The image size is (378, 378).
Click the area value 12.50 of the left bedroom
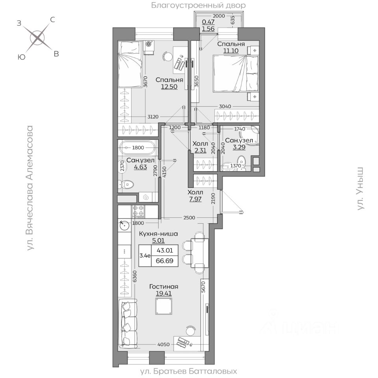coord(169,87)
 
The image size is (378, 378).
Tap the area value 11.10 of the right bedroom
coord(231,51)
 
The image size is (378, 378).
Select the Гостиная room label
coord(164,287)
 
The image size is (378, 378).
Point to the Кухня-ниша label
coord(158,233)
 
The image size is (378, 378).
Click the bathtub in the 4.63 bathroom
coord(138,148)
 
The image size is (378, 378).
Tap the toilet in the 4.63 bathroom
coord(126,185)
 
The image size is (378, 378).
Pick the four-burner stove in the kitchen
coord(138,211)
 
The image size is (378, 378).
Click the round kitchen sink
coord(124,226)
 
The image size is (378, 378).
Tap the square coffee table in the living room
coord(164,306)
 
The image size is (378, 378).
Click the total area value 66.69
coord(165,261)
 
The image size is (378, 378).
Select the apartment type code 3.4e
coord(145,256)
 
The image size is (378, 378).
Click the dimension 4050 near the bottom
coord(163,345)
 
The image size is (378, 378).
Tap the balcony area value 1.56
coord(208,29)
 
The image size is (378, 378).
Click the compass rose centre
coord(37,38)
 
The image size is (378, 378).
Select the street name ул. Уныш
coord(360,189)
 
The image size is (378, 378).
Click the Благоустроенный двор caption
coord(198,5)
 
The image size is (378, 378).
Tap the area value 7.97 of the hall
coord(195,199)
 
